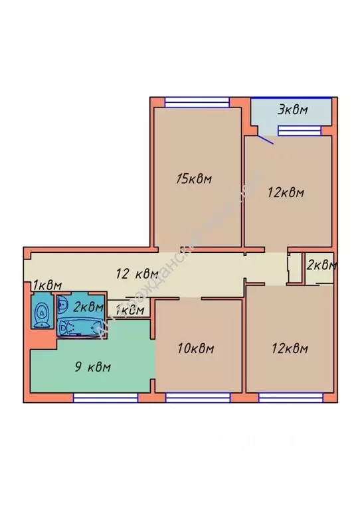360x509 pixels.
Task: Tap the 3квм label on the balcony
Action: pyautogui.click(x=292, y=110)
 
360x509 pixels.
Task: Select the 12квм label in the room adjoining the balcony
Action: pyautogui.click(x=286, y=192)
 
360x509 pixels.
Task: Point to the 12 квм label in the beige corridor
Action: pyautogui.click(x=137, y=273)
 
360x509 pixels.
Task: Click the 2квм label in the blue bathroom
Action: pyautogui.click(x=88, y=307)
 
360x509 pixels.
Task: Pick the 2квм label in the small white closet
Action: pyautogui.click(x=321, y=265)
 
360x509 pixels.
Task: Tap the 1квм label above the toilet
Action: pyautogui.click(x=43, y=285)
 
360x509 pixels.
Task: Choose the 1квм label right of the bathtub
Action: pyautogui.click(x=130, y=309)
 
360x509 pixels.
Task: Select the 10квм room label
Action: pyautogui.click(x=197, y=348)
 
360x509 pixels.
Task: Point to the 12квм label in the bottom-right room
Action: pyautogui.click(x=290, y=348)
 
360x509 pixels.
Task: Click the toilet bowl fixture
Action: pyautogui.click(x=42, y=313)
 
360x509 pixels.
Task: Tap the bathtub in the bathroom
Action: pyautogui.click(x=80, y=327)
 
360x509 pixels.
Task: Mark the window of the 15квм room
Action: pyautogui.click(x=197, y=102)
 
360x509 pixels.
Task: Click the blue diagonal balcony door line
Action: pyautogui.click(x=264, y=139)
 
